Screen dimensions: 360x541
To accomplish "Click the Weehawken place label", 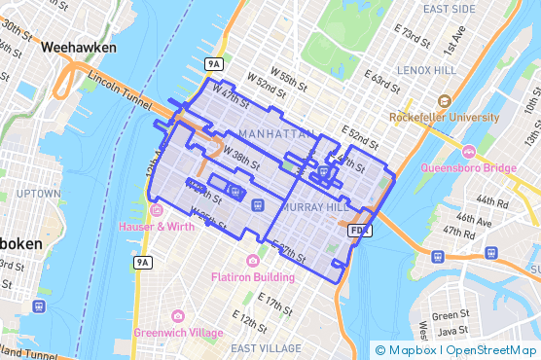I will click(x=80, y=47).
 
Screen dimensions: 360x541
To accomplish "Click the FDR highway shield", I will click(x=359, y=231).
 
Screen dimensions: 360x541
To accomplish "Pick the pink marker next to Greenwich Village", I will click(x=178, y=315).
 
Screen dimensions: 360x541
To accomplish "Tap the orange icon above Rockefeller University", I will click(x=445, y=101).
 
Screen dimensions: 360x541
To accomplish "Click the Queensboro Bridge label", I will click(x=469, y=167).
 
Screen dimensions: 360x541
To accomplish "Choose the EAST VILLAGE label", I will click(x=267, y=347).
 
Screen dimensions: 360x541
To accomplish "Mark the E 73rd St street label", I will click(x=411, y=40).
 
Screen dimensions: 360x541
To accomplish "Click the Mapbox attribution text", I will click(x=413, y=349).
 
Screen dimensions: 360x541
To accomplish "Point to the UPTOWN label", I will click(x=38, y=193).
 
